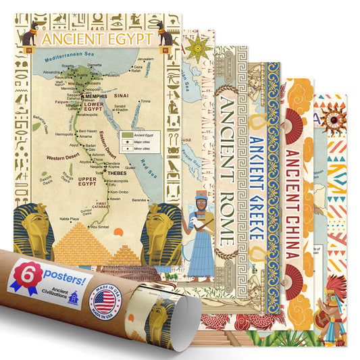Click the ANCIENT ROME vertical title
pyautogui.click(x=226, y=169)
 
